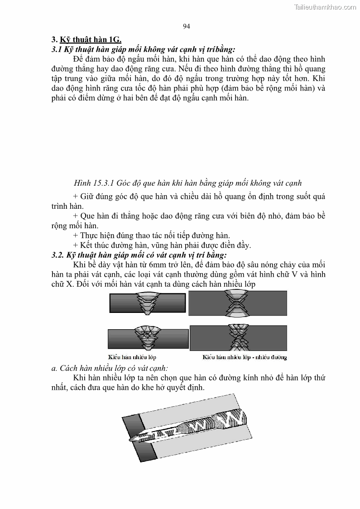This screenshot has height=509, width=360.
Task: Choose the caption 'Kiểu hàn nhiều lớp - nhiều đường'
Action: point(244,357)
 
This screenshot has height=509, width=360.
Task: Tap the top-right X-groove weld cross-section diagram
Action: point(237,303)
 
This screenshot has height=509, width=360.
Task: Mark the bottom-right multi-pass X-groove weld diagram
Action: point(238,337)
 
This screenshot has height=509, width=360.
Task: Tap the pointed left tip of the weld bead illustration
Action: point(131,439)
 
